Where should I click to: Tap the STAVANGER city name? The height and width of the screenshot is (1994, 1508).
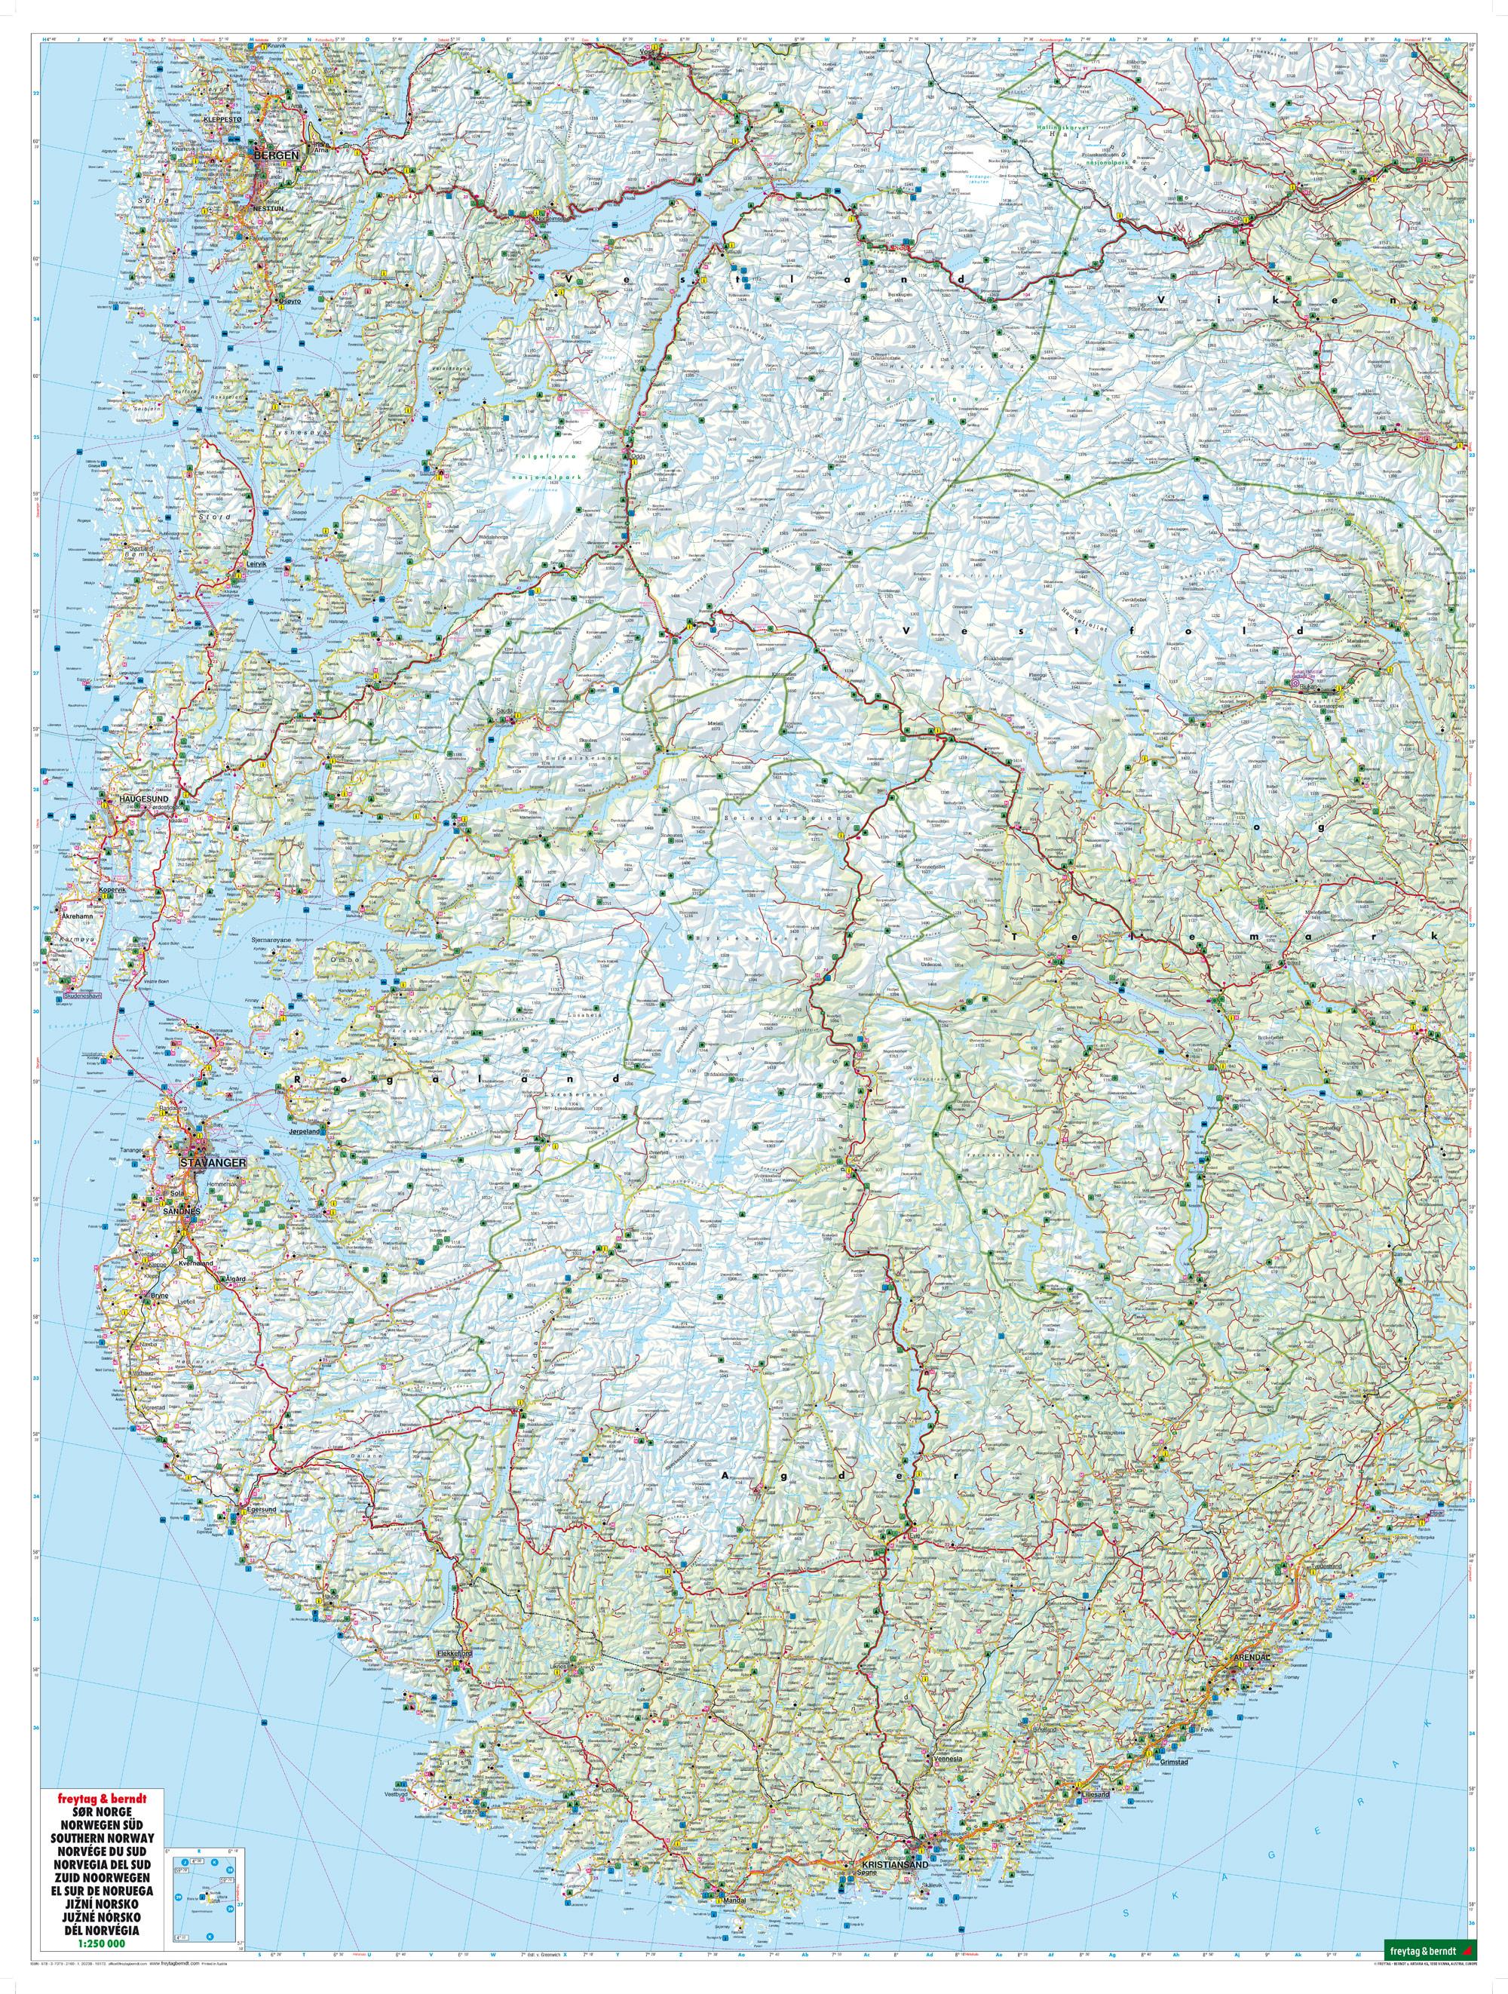(213, 1161)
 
